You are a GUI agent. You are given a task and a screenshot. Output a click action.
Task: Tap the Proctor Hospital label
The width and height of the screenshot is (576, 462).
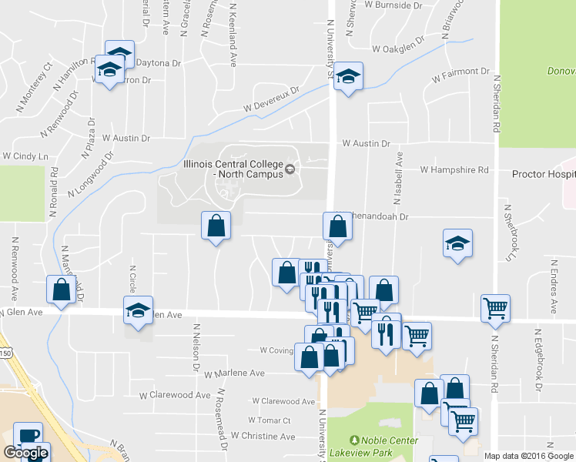(544, 174)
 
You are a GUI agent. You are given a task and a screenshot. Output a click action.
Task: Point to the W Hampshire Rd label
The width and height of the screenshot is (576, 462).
(454, 169)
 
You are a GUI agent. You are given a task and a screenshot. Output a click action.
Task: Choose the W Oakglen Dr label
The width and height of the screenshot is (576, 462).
(397, 49)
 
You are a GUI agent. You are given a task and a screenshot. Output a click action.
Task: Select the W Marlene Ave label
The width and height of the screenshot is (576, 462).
(234, 373)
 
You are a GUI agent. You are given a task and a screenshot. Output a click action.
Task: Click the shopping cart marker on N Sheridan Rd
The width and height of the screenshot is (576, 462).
(495, 307)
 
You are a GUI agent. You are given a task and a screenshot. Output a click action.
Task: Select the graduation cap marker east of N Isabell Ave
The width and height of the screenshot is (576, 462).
(458, 243)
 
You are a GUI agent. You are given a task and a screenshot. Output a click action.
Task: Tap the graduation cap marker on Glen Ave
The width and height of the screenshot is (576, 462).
(138, 310)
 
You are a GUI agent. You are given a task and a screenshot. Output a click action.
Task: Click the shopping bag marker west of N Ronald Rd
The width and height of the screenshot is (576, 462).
(61, 290)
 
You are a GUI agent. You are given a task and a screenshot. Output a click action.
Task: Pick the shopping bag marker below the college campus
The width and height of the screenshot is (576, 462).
(216, 226)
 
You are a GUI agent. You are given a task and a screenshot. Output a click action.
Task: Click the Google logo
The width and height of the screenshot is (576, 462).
(25, 454)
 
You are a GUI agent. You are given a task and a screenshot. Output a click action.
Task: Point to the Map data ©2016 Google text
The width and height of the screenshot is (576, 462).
(529, 456)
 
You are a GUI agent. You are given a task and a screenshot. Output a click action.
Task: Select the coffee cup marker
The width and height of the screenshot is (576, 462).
(28, 436)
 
